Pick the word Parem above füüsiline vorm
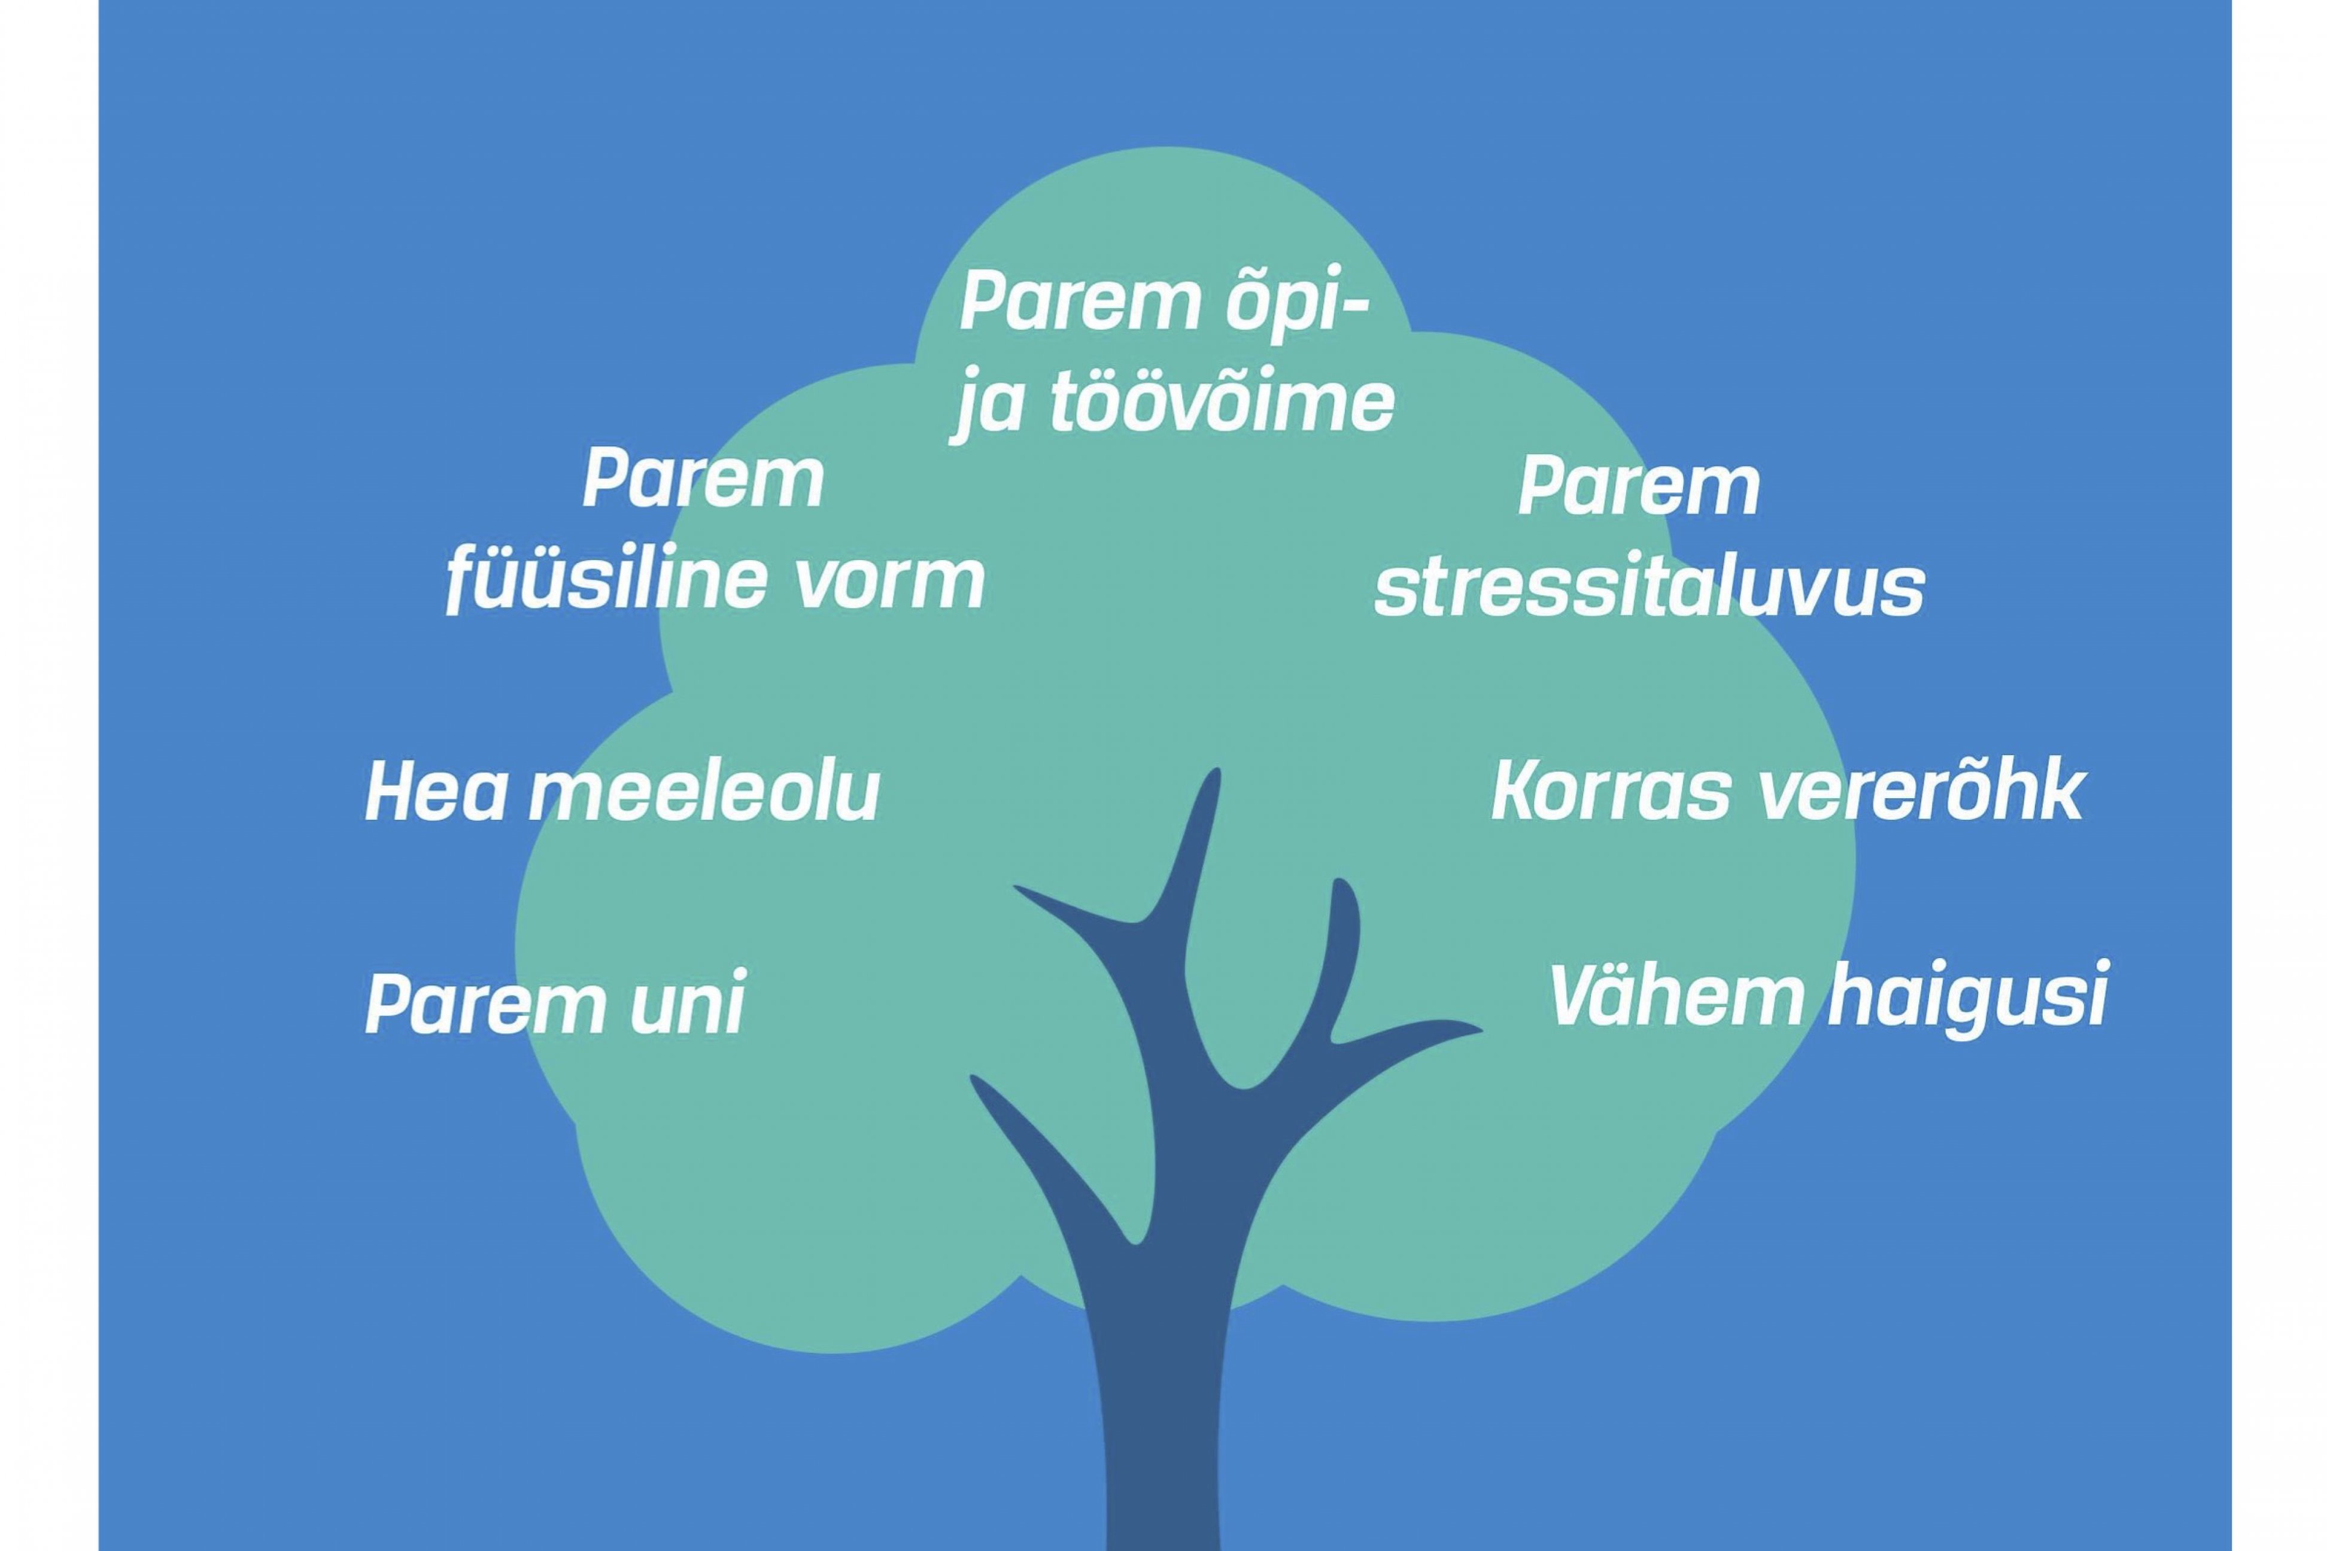(703, 480)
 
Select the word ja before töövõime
(989, 406)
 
